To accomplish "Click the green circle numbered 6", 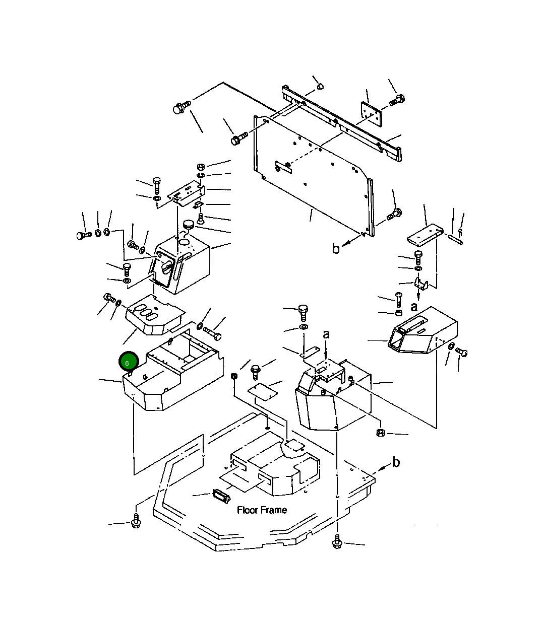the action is pyautogui.click(x=129, y=362).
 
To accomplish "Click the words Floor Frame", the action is pyautogui.click(x=262, y=511).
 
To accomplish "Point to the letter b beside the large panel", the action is pyautogui.click(x=335, y=248).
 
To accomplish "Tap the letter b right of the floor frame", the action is pyautogui.click(x=396, y=462).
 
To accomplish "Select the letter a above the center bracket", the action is pyautogui.click(x=326, y=334).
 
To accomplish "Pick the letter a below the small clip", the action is pyautogui.click(x=414, y=307).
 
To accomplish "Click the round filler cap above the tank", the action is pyautogui.click(x=188, y=225).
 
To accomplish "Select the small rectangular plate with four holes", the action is pyautogui.click(x=371, y=114).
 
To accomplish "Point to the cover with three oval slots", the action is pyautogui.click(x=155, y=315).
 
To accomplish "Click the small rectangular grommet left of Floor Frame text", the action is pyautogui.click(x=221, y=496).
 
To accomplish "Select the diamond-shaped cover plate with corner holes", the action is pyautogui.click(x=263, y=392).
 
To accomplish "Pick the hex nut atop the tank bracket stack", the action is pyautogui.click(x=201, y=167).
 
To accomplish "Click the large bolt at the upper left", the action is pyautogui.click(x=182, y=107).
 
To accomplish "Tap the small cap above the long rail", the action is pyautogui.click(x=320, y=87).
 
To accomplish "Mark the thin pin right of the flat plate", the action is pyautogui.click(x=456, y=239).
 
